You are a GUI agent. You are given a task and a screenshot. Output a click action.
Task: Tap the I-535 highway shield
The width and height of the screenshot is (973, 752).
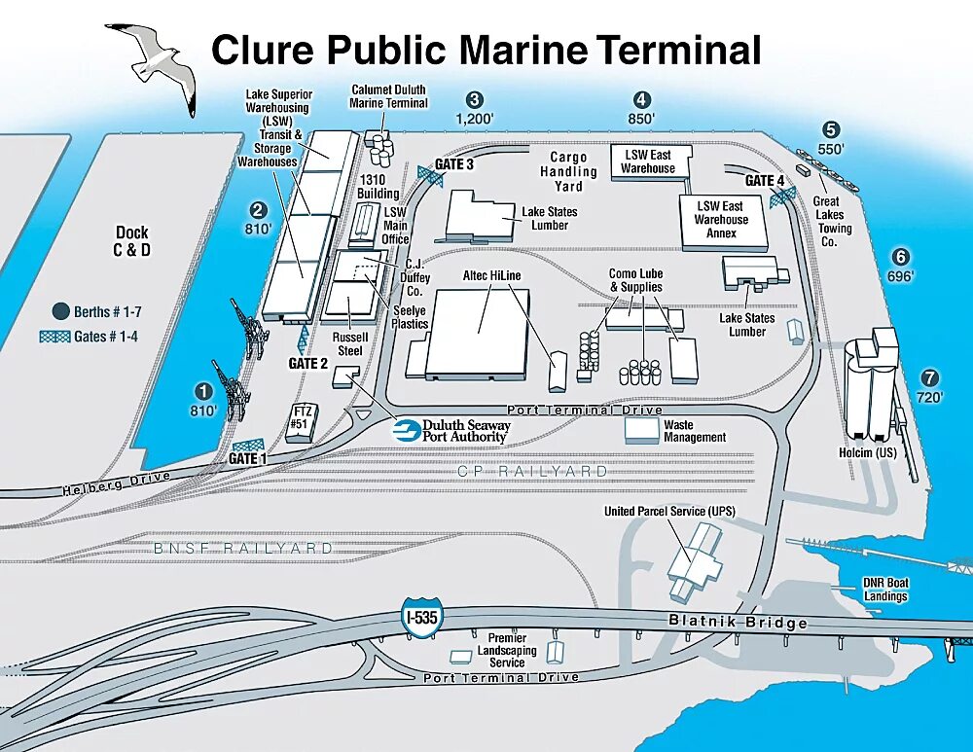(419, 618)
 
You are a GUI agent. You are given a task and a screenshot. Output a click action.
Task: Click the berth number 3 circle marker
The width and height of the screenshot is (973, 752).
(474, 99)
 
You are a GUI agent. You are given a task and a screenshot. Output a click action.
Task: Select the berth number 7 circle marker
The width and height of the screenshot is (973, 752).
(930, 379)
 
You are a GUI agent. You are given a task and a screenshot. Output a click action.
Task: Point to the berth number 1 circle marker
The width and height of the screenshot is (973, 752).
(203, 391)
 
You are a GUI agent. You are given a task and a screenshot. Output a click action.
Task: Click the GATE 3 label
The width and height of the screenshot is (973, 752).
(453, 164)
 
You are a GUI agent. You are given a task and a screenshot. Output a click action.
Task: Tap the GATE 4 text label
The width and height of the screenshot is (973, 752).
(765, 181)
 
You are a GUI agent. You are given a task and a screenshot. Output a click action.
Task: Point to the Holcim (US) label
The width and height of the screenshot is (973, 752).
(866, 452)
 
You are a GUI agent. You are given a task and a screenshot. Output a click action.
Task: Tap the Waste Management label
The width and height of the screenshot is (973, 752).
(695, 431)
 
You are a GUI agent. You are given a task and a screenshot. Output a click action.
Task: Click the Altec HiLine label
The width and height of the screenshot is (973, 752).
(492, 276)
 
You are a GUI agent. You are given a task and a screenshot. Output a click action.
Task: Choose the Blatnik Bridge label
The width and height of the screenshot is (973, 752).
(738, 622)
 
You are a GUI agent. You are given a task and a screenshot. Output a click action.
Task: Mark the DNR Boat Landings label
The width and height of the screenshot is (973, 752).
(884, 590)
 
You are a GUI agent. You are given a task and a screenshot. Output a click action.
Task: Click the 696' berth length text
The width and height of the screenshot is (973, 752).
(901, 276)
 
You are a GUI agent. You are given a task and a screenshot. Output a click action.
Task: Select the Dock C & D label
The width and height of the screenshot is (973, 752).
(132, 241)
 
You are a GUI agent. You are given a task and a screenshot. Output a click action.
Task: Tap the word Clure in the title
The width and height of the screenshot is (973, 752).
(264, 50)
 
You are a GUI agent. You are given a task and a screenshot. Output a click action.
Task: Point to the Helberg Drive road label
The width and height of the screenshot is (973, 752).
(117, 482)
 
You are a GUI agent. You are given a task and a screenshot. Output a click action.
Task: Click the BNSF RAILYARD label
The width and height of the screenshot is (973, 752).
(243, 549)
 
